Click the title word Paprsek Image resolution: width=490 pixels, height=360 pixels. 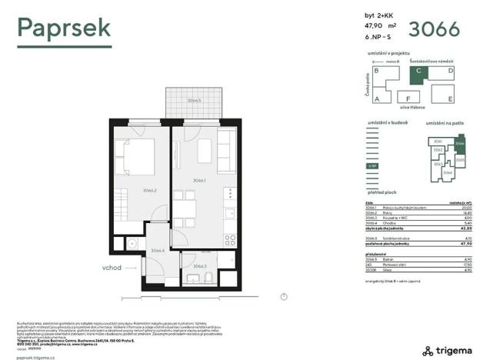point(65,28)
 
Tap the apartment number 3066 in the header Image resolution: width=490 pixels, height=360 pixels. point(434,28)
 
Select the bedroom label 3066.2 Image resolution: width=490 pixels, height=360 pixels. point(128,190)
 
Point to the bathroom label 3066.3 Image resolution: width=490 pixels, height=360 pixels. point(199,267)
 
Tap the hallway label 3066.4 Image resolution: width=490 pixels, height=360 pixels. point(158,250)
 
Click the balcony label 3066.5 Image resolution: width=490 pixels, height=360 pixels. point(194,101)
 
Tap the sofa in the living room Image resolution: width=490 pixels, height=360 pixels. point(226,151)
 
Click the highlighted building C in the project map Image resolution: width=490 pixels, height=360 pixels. point(418,75)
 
